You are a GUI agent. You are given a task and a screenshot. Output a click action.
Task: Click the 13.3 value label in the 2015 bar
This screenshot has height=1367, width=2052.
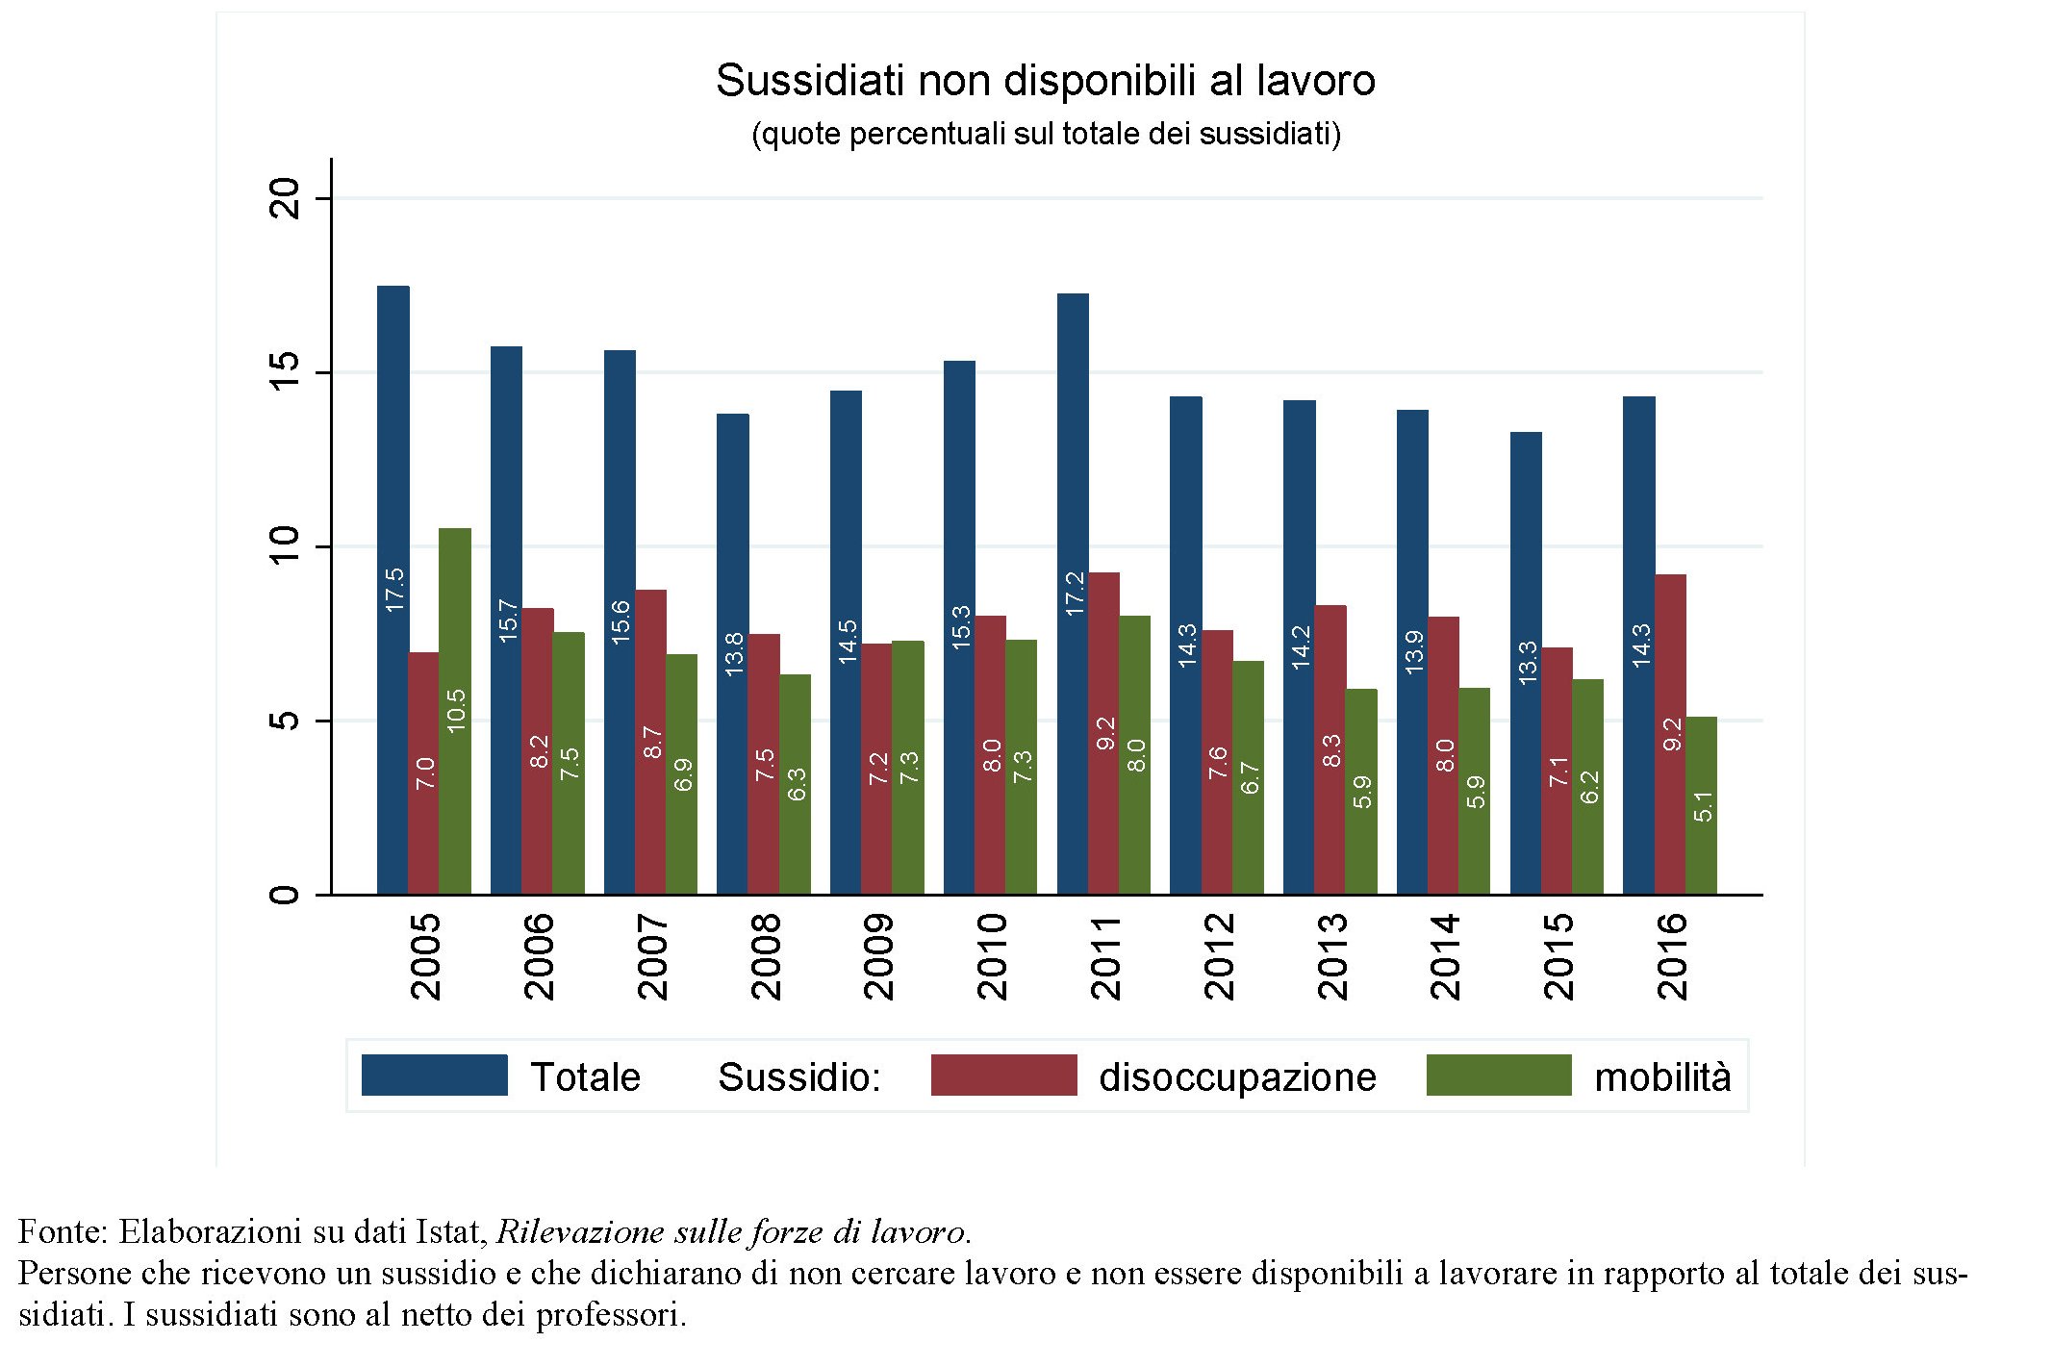pos(1527,662)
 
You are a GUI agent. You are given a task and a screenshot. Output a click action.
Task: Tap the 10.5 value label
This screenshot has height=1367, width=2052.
pos(456,710)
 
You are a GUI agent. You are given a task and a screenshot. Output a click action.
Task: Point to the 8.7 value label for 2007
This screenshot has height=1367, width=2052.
pos(652,742)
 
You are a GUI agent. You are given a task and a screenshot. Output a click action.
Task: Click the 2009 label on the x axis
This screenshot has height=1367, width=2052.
pos(878,957)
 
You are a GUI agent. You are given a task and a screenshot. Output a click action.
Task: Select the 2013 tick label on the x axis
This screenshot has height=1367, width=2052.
pos(1332,957)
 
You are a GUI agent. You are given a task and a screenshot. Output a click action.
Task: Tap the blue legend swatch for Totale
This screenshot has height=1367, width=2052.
pos(434,1076)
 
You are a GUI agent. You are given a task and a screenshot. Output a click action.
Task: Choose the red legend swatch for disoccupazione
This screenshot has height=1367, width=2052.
pos(1003,1076)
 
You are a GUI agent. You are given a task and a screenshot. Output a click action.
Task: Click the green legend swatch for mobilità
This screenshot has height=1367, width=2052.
pos(1498,1076)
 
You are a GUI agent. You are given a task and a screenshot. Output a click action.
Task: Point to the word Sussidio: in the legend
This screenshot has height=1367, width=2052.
pos(799,1077)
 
